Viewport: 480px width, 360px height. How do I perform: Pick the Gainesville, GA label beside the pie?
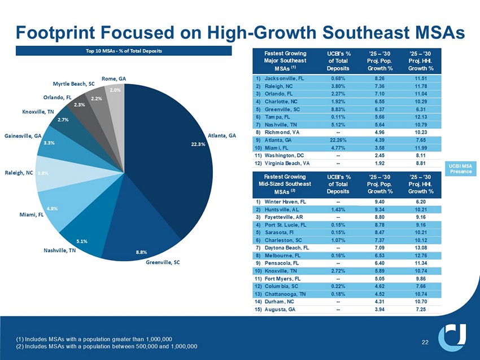click(x=22, y=136)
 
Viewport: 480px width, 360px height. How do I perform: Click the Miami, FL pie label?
click(x=33, y=214)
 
